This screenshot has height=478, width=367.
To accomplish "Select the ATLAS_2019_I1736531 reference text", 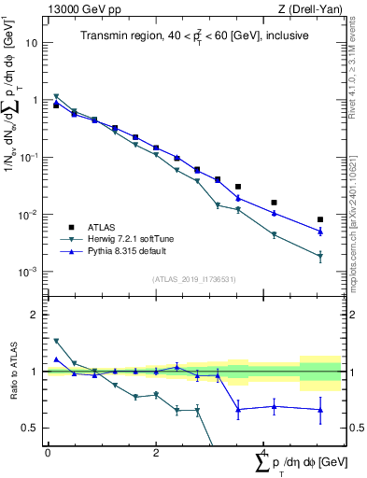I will [x=193, y=280].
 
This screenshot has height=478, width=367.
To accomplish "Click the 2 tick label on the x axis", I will [x=155, y=453].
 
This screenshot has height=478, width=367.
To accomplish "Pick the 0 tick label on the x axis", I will [x=48, y=453].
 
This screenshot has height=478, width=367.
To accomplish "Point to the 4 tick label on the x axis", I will [x=263, y=453].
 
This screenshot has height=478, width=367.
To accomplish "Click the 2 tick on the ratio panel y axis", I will [x=34, y=315].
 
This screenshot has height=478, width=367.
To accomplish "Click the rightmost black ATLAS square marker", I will [x=320, y=219].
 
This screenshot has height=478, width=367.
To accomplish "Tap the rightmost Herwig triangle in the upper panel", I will [x=320, y=256].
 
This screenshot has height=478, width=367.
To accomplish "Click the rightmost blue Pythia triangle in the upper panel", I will [x=320, y=232].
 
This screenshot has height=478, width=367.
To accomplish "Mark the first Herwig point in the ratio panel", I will [x=57, y=342].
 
